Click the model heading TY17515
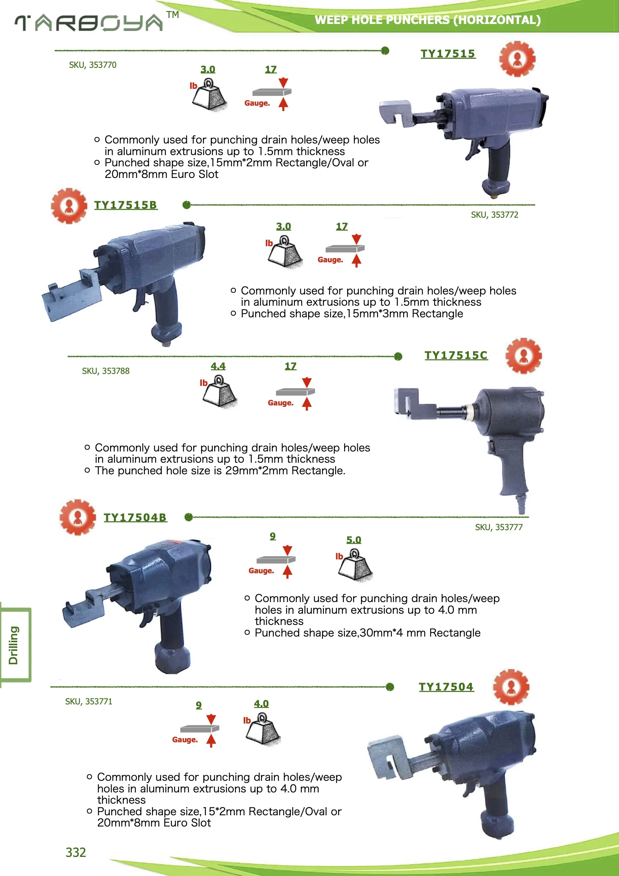tap(448, 54)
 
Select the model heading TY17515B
tap(125, 205)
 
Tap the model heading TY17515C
tap(456, 356)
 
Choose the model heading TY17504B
tap(135, 518)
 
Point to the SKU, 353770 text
tap(92, 65)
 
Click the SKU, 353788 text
tap(106, 371)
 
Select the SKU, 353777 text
tap(498, 527)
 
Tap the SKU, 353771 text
tap(88, 702)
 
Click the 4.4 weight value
tap(218, 366)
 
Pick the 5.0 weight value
tap(354, 540)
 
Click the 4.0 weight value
tap(261, 704)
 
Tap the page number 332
tap(76, 852)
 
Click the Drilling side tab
tap(14, 645)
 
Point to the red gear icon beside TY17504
tap(511, 687)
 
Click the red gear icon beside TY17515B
tap(69, 206)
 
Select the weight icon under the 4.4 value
tap(220, 392)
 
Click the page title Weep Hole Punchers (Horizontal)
tap(428, 20)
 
